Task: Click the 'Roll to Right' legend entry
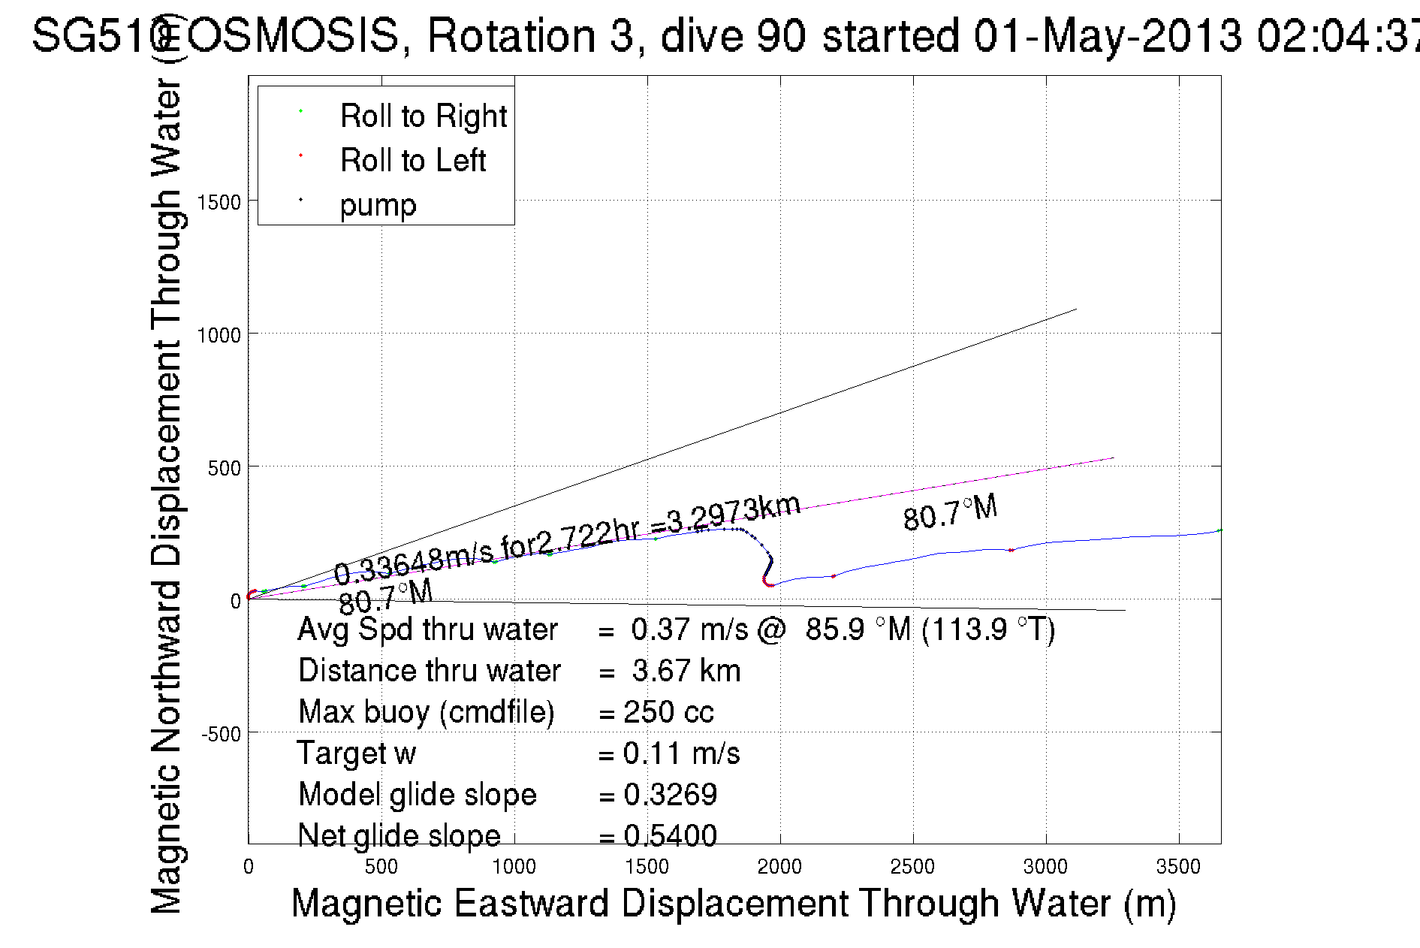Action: pyautogui.click(x=423, y=116)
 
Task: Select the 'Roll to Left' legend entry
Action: pyautogui.click(x=412, y=160)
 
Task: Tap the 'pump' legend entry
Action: pyautogui.click(x=378, y=204)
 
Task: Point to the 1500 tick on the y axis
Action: pyautogui.click(x=219, y=202)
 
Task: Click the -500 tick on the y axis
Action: pyautogui.click(x=221, y=734)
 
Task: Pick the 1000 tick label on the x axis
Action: pyautogui.click(x=514, y=867)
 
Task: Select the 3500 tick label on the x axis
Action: pyautogui.click(x=1178, y=867)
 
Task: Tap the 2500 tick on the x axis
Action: pyautogui.click(x=912, y=867)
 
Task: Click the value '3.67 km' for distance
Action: pyautogui.click(x=686, y=671)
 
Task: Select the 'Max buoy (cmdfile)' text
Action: pyautogui.click(x=426, y=712)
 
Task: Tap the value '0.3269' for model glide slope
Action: pyautogui.click(x=670, y=795)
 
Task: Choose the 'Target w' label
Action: pyautogui.click(x=356, y=753)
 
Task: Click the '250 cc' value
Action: pyautogui.click(x=668, y=712)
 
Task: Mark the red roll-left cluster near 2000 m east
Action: pyautogui.click(x=767, y=581)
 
